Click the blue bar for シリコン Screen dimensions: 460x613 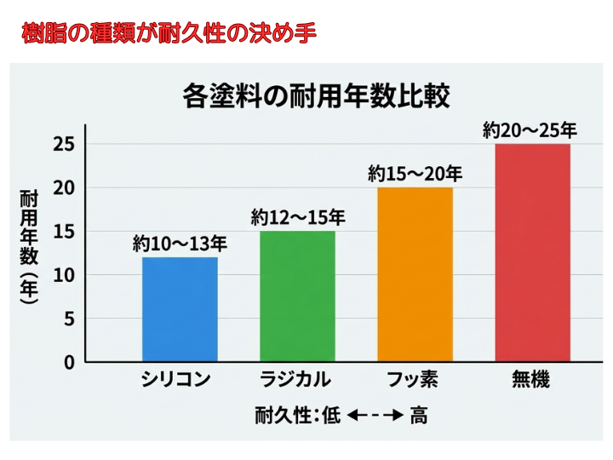point(179,309)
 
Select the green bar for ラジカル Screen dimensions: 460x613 point(297,296)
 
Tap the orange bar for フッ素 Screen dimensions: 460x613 point(415,274)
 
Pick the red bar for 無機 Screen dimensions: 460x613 point(532,252)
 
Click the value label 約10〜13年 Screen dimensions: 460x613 point(179,244)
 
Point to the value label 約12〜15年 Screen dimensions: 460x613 point(297,218)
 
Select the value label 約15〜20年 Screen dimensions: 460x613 point(415,174)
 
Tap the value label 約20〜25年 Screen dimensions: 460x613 point(530,130)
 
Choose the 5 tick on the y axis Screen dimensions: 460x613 point(69,319)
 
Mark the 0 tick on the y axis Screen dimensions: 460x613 point(69,362)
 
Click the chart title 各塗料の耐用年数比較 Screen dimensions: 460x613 point(316,95)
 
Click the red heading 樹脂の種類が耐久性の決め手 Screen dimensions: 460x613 point(169,33)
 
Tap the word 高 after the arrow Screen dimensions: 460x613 point(419,416)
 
